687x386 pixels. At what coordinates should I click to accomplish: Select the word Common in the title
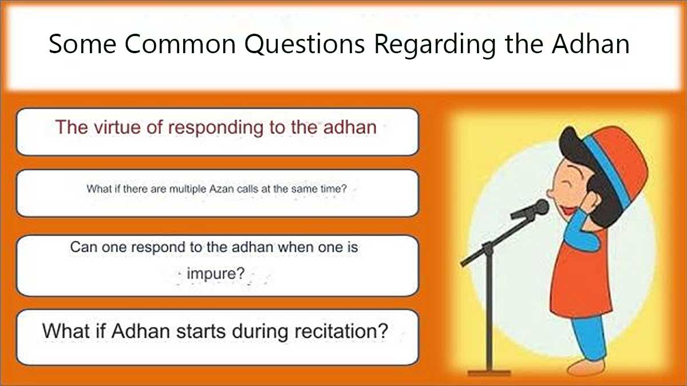(x=180, y=44)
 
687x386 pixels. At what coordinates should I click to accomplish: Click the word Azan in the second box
(x=222, y=189)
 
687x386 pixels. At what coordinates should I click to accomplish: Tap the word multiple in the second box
(x=187, y=189)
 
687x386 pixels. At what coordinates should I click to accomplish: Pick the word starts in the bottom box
(x=201, y=331)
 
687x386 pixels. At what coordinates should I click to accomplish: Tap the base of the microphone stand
(x=489, y=373)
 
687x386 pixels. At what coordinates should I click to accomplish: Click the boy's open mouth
(x=567, y=211)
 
